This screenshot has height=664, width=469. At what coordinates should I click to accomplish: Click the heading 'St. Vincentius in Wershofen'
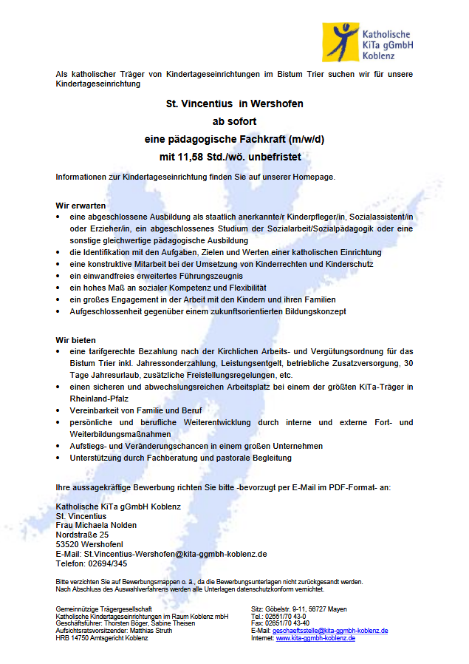[234, 104]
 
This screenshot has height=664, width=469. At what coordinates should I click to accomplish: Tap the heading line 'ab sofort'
[234, 121]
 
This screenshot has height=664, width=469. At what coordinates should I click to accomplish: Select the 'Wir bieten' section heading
[76, 339]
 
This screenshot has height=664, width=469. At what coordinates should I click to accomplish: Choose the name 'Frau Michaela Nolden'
[96, 525]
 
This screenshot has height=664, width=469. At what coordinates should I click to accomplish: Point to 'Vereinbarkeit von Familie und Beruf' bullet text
[135, 410]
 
